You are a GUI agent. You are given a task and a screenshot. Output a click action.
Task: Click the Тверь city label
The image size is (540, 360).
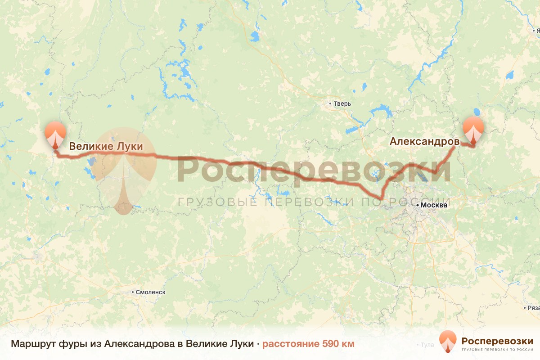point(342,104)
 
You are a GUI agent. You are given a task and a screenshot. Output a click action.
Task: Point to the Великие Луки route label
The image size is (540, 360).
point(105,146)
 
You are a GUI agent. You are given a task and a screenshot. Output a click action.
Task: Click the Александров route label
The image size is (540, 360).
point(424,141)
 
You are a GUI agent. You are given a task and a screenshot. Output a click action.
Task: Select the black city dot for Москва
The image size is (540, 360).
point(418,205)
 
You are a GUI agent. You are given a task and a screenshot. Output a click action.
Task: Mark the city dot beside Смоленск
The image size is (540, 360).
point(133,292)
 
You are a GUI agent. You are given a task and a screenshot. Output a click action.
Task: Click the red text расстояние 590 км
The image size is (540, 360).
point(308,344)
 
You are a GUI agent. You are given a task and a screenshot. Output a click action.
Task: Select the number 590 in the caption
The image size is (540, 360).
point(330,344)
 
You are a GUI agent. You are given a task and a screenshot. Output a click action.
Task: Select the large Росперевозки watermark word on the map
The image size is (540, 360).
point(314,171)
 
